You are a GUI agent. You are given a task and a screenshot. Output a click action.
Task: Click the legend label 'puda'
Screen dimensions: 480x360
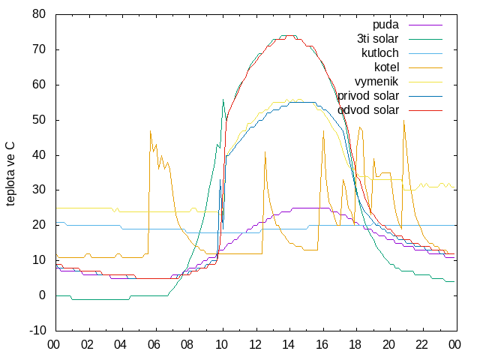[x=385, y=25]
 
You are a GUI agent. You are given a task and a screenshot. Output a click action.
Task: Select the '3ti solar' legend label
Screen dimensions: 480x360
[x=378, y=39]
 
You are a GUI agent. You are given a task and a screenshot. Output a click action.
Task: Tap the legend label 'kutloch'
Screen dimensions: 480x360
[x=380, y=53]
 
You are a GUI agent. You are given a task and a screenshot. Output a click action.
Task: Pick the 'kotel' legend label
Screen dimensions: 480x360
[x=387, y=67]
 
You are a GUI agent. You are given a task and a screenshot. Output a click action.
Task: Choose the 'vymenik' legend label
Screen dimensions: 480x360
[x=376, y=82]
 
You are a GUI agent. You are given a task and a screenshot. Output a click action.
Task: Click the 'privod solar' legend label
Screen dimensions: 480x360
[x=368, y=96]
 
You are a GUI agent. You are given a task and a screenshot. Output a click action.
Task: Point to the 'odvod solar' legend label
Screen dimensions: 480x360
[x=368, y=110]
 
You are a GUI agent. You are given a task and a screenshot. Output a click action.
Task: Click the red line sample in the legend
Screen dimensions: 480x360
[x=425, y=110]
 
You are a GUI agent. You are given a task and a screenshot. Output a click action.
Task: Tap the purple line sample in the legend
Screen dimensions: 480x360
[x=425, y=25]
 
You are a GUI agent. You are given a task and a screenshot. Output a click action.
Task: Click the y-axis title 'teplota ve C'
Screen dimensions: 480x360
[x=10, y=173]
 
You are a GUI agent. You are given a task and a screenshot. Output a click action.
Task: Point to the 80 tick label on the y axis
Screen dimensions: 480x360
[x=39, y=14]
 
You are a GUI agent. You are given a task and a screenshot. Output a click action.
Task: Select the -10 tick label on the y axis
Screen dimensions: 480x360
[x=37, y=331]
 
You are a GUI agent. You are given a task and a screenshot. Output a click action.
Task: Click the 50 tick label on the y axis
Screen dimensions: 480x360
[x=39, y=120]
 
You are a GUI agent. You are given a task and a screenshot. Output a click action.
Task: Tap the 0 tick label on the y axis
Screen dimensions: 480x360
[x=42, y=295]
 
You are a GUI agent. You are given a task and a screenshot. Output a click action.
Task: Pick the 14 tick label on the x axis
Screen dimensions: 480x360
[x=288, y=345]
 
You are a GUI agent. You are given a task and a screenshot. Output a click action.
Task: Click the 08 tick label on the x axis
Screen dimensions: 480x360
[x=187, y=345]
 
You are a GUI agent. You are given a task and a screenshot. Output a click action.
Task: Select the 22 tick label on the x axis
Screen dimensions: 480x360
[x=421, y=345]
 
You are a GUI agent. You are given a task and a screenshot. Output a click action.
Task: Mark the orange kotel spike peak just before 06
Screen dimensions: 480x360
[x=150, y=131]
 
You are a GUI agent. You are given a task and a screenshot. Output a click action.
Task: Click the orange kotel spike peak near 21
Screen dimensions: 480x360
[x=403, y=120]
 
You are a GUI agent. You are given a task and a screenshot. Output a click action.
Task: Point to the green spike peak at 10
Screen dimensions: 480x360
[x=223, y=99]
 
